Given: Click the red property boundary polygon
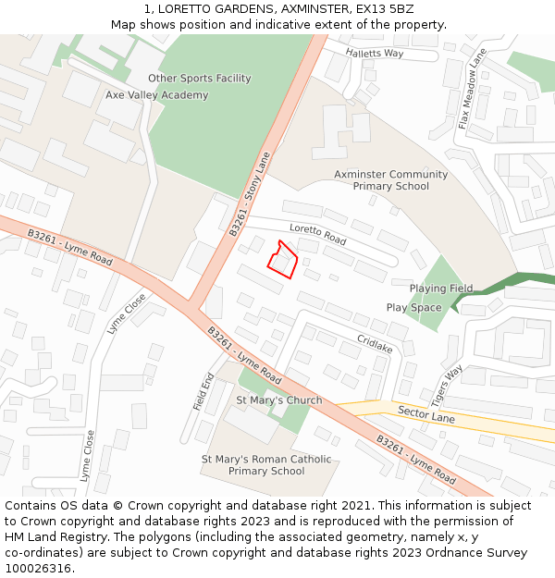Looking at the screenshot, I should pos(282,260).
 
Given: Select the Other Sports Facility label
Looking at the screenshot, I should pos(200,79).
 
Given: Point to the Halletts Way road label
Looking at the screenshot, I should pos(376,54).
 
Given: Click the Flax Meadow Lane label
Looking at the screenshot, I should pos(472,89).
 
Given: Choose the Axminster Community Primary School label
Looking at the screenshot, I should pos(390,180).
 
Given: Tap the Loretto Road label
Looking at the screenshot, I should pos(317,234).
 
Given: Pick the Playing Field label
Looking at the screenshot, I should pos(441,289).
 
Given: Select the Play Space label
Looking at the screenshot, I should pos(413,307).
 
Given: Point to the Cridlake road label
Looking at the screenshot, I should pos(375,344).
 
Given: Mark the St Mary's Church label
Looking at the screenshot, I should pos(279,400).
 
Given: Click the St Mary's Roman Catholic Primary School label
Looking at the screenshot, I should pos(266,465).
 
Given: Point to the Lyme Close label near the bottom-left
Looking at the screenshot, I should pos(87,456).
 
